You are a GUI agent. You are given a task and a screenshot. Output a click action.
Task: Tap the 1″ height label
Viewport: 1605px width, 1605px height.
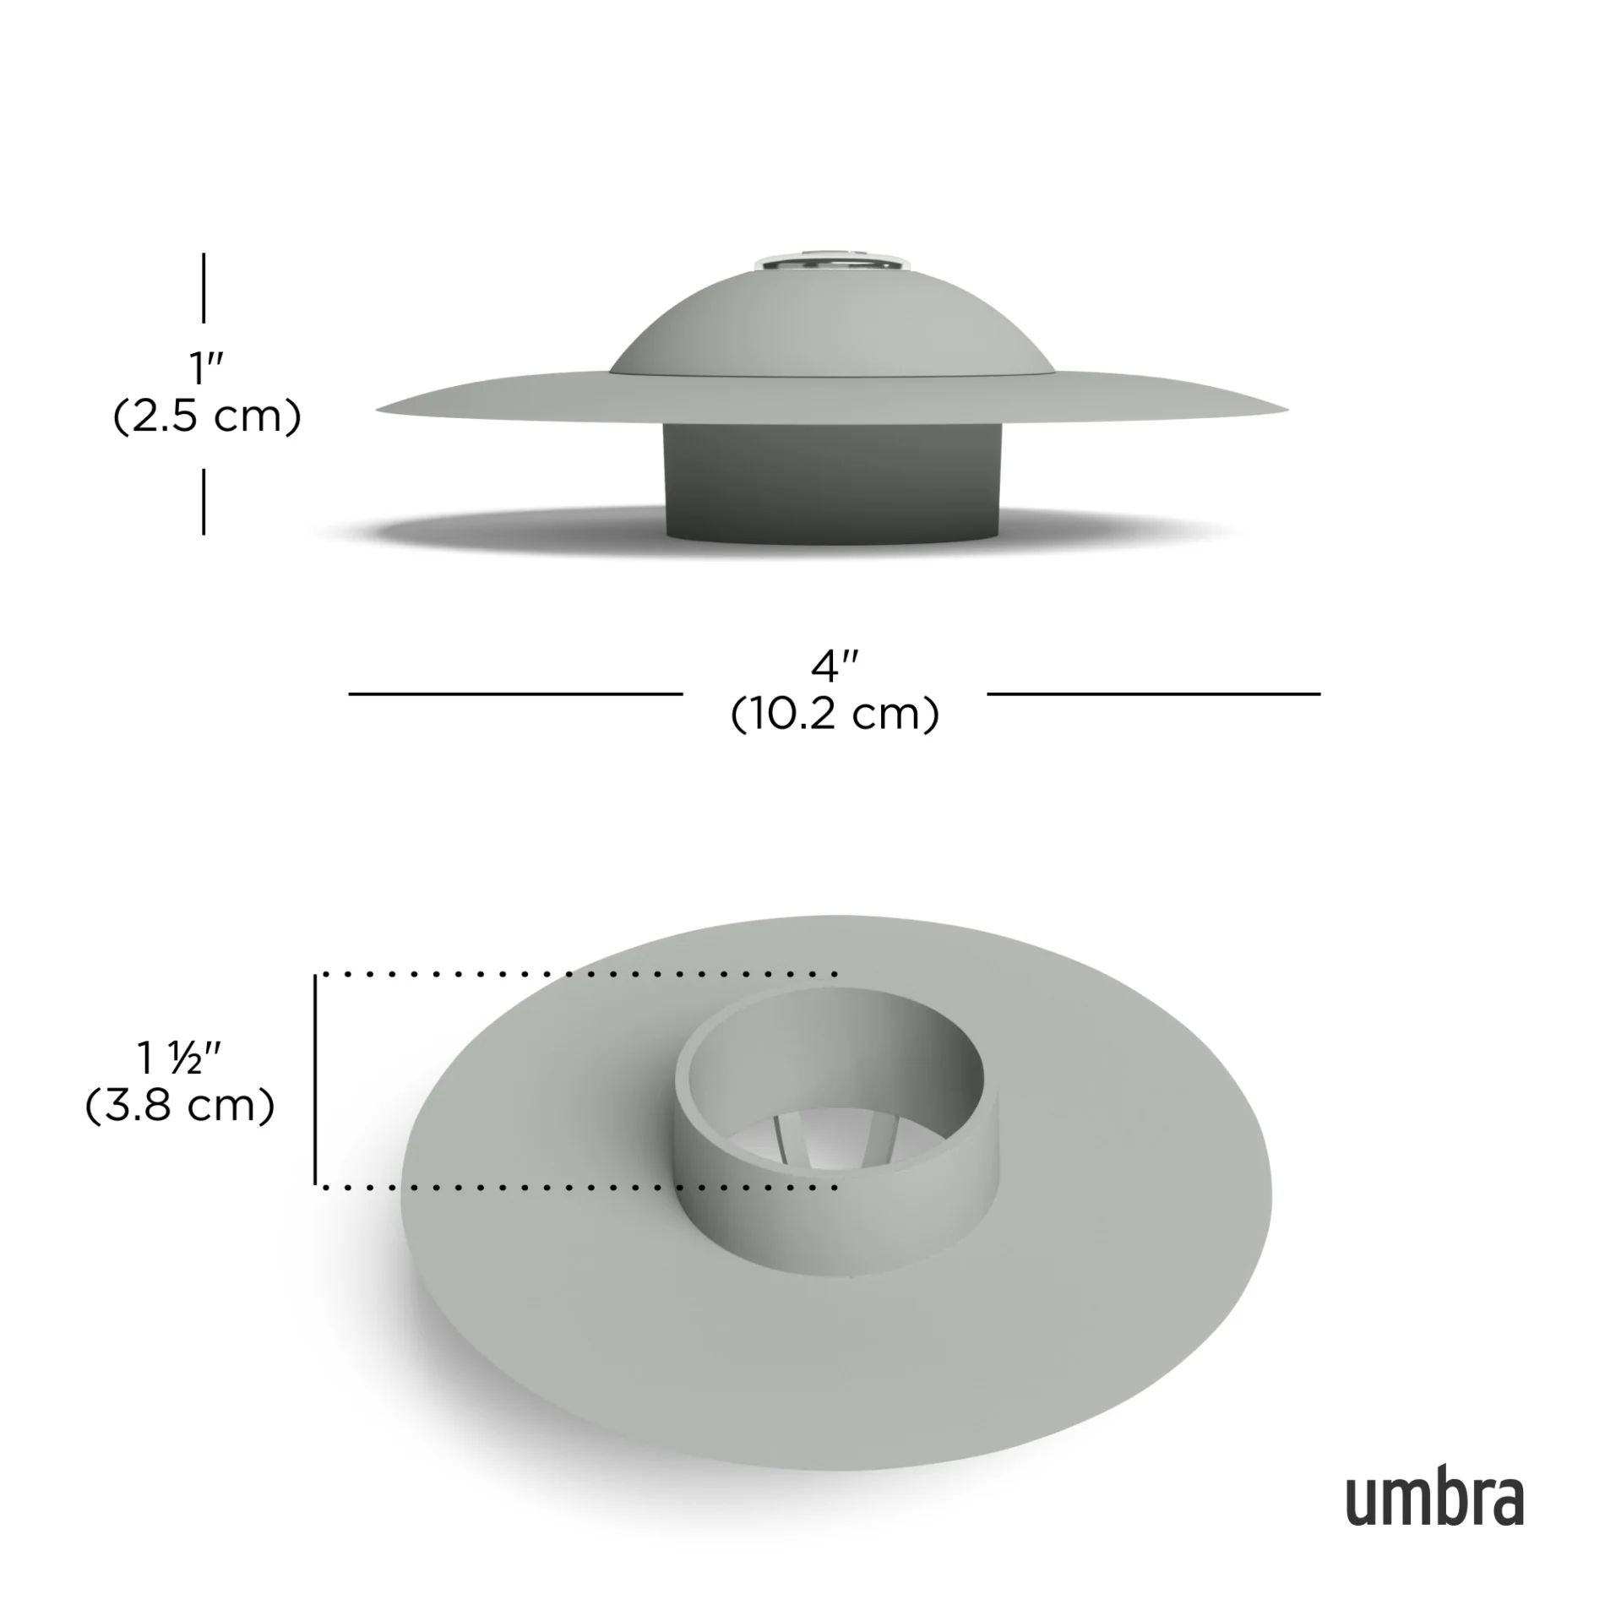pos(205,368)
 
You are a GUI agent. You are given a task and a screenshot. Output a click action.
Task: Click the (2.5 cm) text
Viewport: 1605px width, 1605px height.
pos(207,417)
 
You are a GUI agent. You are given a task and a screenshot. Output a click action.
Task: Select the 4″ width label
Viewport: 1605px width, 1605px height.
pos(834,667)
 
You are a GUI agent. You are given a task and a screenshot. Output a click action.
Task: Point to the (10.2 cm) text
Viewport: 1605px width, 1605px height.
pos(835,715)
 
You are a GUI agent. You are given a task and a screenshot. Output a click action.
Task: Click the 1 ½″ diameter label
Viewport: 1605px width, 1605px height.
pos(179,1058)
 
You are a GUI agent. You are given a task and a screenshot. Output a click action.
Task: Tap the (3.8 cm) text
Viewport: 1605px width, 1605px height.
pos(180,1106)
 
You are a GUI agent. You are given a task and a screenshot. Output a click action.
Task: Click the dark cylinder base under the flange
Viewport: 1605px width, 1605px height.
pos(834,481)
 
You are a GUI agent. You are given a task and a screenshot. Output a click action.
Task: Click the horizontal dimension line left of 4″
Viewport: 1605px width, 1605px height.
pos(515,694)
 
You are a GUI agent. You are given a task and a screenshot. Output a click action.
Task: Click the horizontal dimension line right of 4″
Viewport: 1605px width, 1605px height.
pos(1153,694)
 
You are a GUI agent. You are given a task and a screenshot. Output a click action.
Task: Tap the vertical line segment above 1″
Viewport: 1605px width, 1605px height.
pos(204,287)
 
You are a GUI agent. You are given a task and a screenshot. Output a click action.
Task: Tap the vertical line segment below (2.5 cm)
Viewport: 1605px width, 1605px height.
pos(204,502)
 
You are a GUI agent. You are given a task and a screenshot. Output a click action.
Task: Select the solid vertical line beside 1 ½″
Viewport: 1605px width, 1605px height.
pos(315,1080)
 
